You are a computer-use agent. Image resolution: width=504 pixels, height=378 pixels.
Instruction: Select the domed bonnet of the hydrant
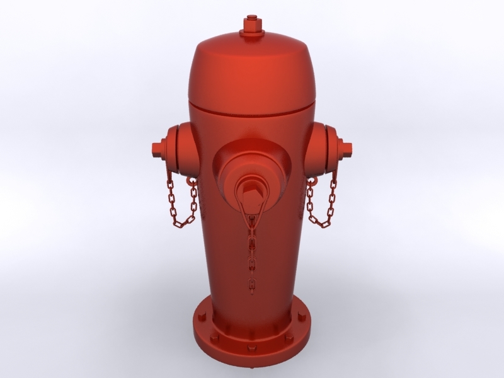pos(251,69)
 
